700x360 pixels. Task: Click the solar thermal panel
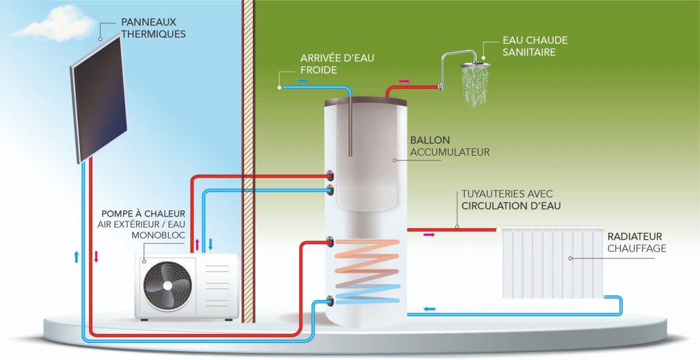96,99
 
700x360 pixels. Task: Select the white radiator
552,262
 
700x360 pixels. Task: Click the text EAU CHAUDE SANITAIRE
535,46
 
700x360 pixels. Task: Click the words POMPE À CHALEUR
143,213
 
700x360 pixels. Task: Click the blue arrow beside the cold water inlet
302,81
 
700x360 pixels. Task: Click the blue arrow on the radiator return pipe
429,309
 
